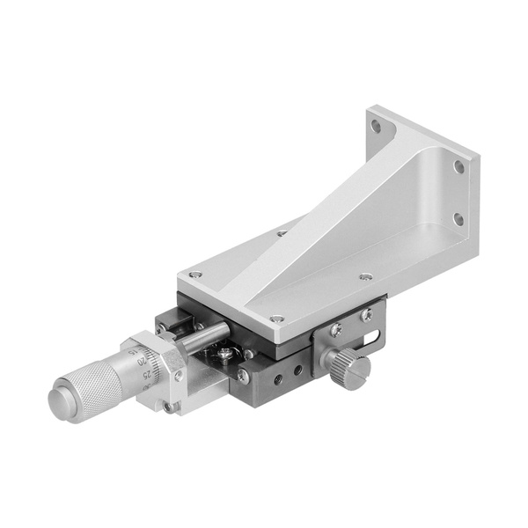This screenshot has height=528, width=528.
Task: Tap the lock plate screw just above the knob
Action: [335, 331]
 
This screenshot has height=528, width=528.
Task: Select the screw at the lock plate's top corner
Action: [367, 313]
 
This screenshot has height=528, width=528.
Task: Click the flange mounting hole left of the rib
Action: [377, 127]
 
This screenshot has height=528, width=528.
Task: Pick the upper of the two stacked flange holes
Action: [458, 165]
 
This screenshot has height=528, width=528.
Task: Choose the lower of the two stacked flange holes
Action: [458, 219]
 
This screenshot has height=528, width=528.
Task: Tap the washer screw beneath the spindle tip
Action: [226, 354]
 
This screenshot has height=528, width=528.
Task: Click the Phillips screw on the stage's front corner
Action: [243, 375]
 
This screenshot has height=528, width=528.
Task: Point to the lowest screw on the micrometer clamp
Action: [167, 407]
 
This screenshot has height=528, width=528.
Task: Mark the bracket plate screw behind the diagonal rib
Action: [282, 233]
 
